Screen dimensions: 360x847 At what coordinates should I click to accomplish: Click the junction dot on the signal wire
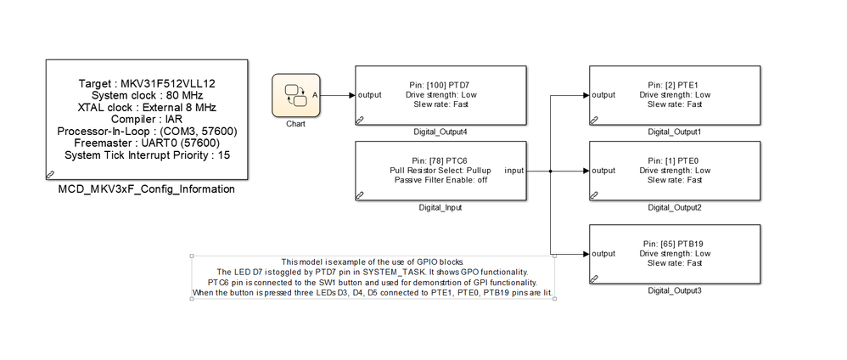552,170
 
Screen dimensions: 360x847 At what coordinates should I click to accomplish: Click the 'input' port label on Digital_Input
514,170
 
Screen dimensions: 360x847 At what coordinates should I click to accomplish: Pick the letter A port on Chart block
316,95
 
